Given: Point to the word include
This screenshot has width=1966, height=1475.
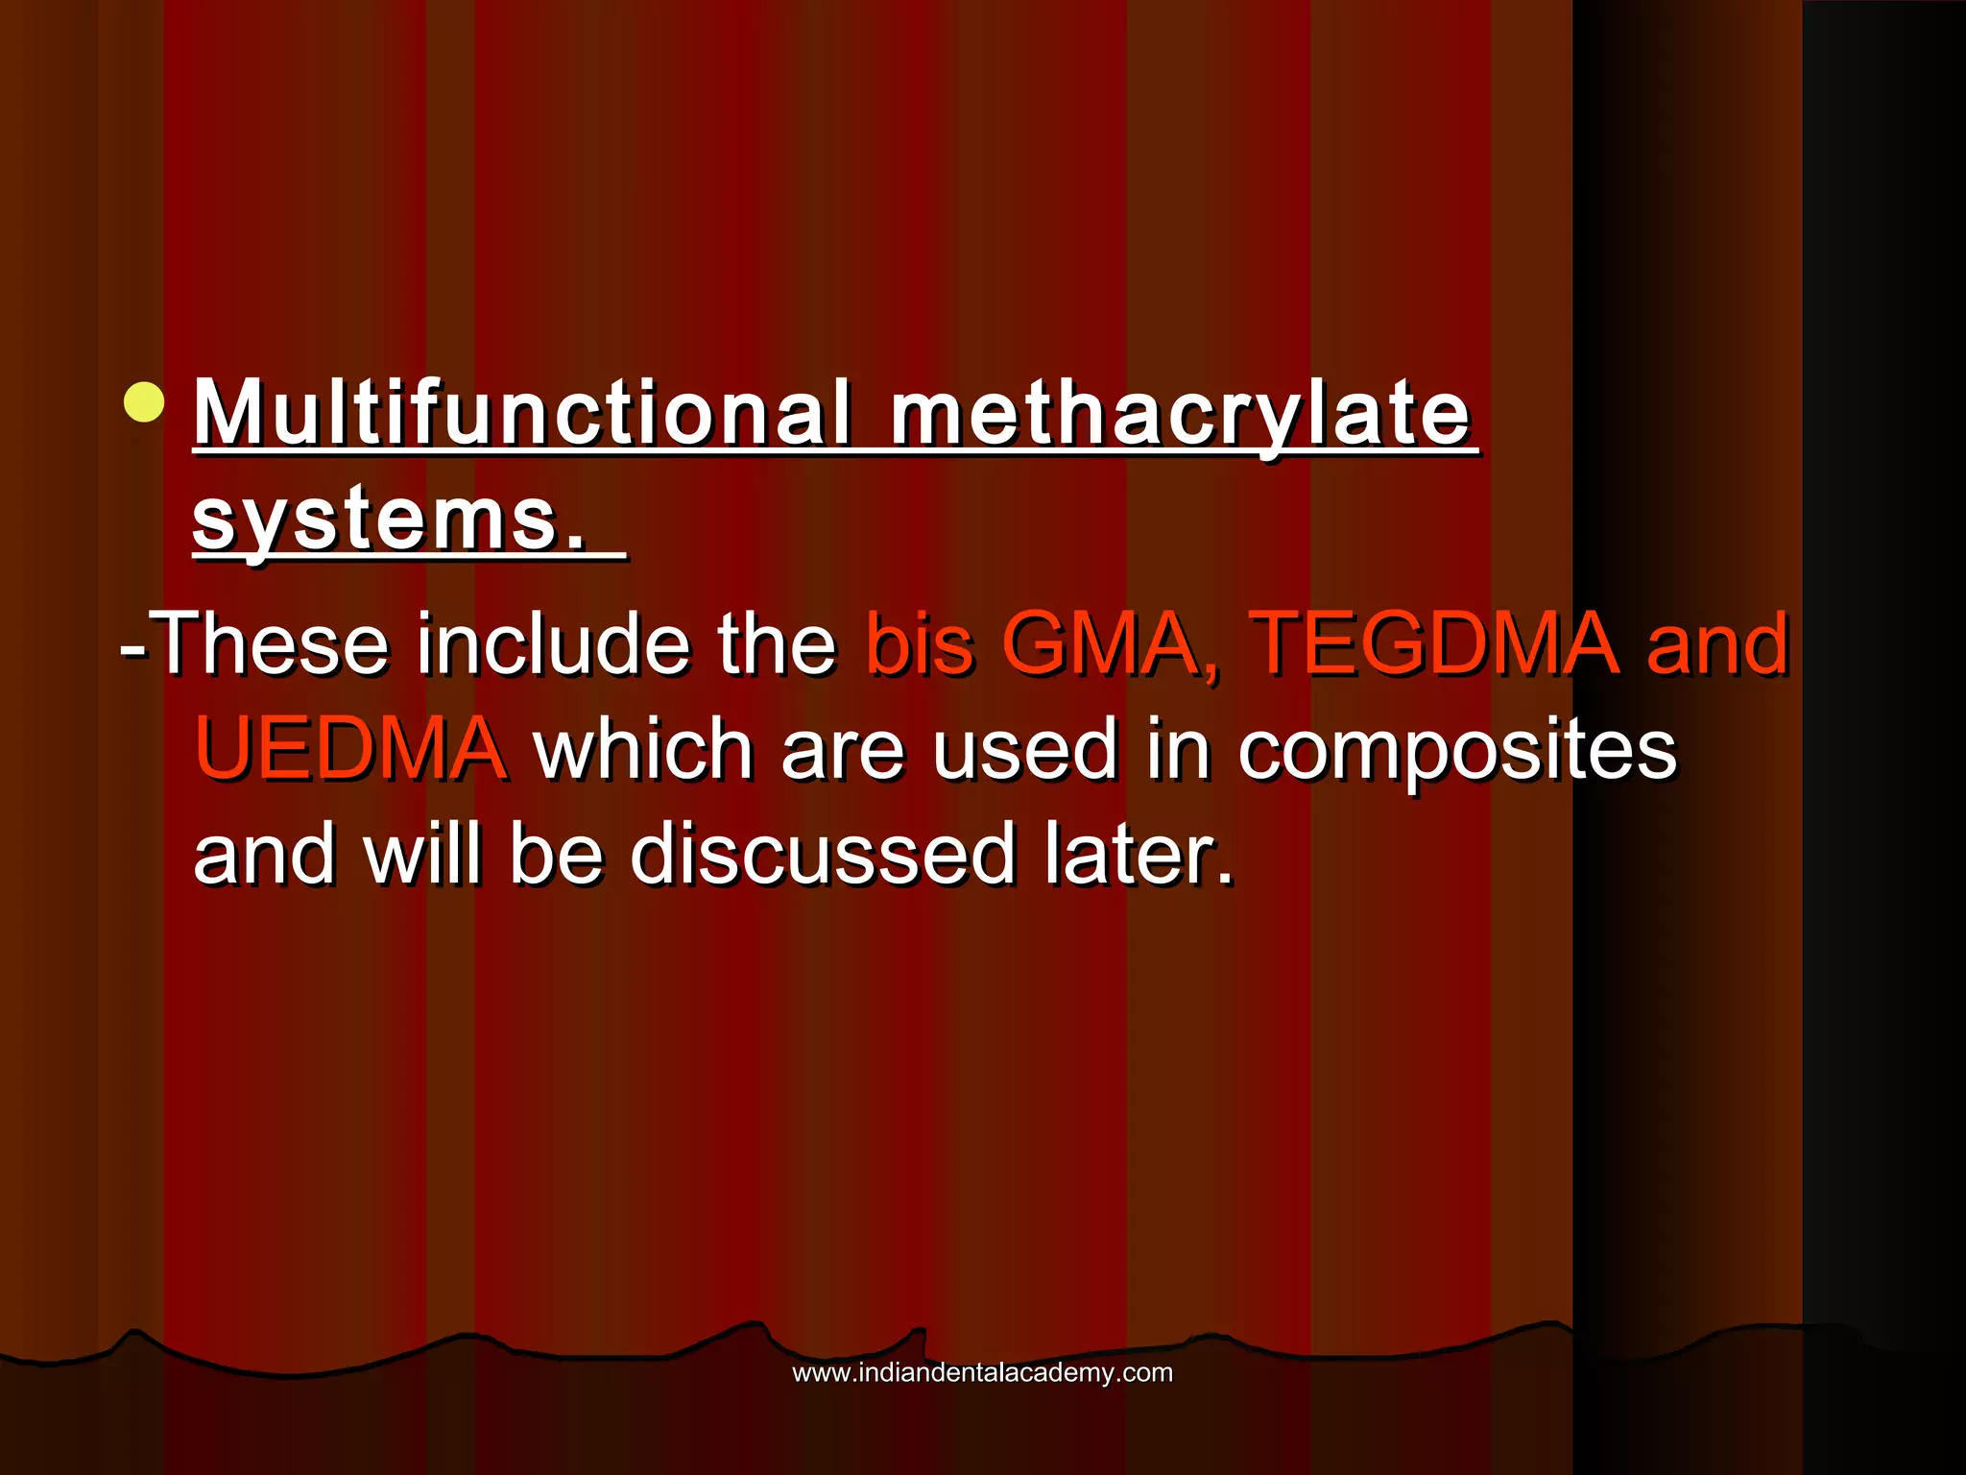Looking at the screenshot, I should click(x=552, y=643).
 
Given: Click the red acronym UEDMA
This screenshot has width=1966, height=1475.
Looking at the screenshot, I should click(x=349, y=749).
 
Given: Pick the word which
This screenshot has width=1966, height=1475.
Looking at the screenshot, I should click(x=642, y=749).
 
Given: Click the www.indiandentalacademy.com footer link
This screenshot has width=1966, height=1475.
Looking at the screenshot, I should click(x=982, y=1372).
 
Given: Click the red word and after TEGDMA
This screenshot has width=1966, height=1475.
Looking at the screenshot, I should click(x=1716, y=643).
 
